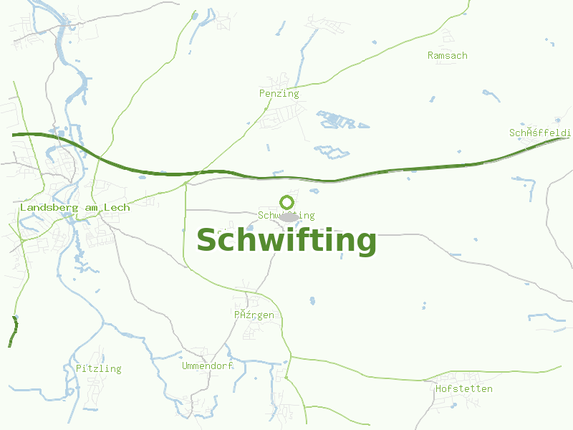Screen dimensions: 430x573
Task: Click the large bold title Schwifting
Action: coord(286,241)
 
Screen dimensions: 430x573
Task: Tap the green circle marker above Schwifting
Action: coord(287,203)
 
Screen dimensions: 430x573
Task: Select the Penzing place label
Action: coord(279,94)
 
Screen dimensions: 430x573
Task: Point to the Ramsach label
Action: coord(447,56)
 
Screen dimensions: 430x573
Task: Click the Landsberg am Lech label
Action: coord(74,208)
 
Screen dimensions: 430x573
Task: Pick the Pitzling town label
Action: coord(98,369)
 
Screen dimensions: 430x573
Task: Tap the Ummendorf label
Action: coord(208,366)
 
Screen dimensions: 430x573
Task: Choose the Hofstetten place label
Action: coord(463,389)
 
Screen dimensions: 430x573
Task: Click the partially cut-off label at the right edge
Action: coord(539,133)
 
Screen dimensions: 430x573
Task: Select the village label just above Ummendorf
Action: coord(254,315)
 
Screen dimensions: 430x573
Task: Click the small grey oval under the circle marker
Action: coord(288,217)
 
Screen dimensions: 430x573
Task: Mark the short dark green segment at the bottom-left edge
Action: coord(14,332)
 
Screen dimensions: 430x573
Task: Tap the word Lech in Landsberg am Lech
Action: coord(117,208)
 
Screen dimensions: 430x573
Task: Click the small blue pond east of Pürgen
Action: coord(312,300)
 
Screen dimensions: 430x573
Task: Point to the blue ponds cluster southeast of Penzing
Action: coord(337,120)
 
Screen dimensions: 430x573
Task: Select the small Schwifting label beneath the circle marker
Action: coord(286,216)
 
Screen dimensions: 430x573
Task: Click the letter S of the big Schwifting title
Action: coord(207,241)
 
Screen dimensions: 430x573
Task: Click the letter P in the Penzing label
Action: coord(262,94)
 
